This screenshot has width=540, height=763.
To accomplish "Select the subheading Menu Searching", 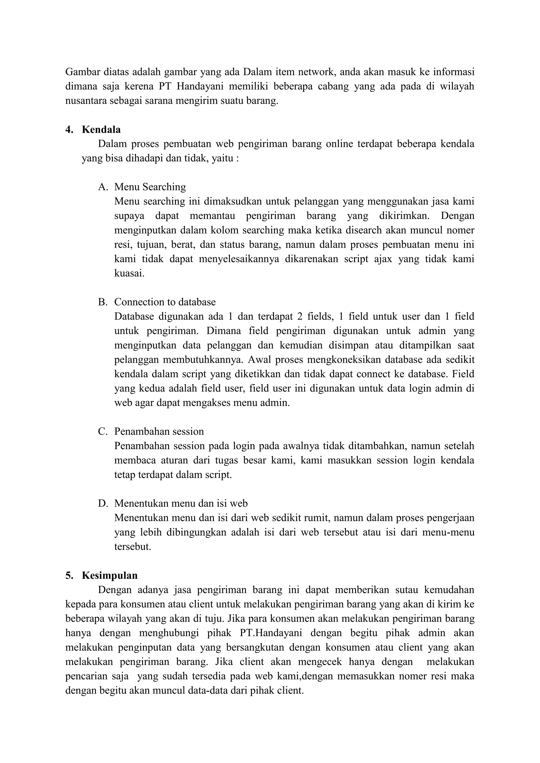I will click(150, 187).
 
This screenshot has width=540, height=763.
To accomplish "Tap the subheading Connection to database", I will click(165, 302).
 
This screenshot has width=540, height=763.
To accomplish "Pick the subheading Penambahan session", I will click(159, 432).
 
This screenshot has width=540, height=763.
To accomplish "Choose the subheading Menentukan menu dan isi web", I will click(181, 503).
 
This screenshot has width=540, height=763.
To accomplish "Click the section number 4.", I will click(69, 130).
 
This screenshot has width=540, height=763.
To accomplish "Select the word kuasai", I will click(129, 273).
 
